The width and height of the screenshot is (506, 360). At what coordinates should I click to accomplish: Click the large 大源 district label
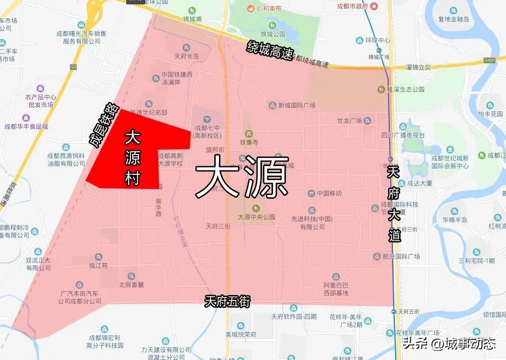tap(242, 176)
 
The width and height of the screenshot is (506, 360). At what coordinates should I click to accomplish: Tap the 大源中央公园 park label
tap(257, 217)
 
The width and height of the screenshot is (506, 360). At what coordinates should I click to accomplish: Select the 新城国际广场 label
tap(297, 105)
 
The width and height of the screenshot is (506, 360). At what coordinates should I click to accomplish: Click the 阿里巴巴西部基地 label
tap(336, 289)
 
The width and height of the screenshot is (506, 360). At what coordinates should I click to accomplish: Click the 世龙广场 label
tap(350, 120)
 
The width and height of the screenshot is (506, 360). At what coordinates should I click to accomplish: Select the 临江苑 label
tap(99, 265)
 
